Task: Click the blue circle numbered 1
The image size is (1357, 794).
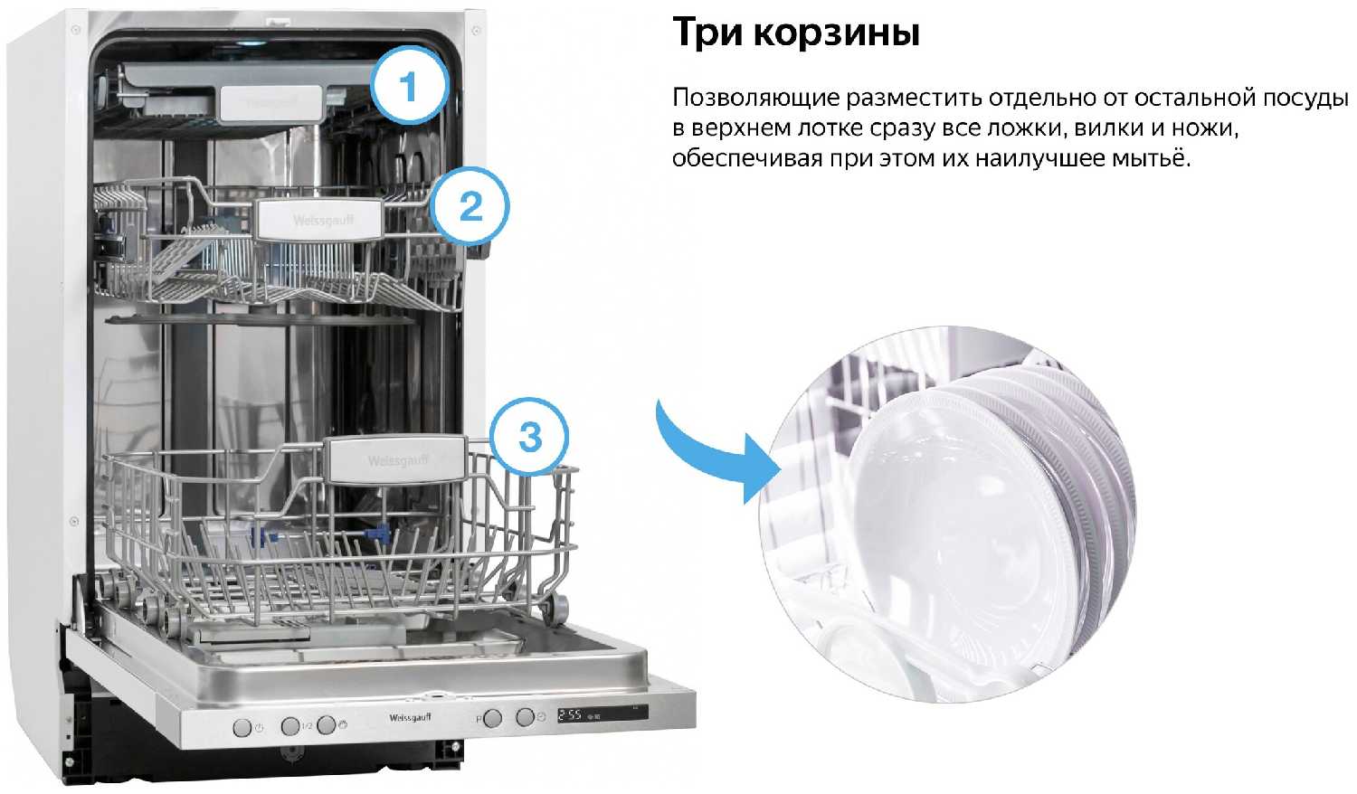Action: [x=409, y=86]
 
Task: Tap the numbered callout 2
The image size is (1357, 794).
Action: [x=470, y=206]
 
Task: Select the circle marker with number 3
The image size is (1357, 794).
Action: [x=529, y=437]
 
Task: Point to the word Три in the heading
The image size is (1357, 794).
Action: [x=707, y=32]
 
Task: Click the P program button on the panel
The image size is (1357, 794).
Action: [x=493, y=718]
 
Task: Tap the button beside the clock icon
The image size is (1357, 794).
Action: [x=526, y=717]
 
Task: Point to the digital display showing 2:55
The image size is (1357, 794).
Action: [x=603, y=714]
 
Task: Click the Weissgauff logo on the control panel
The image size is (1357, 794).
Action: [x=410, y=718]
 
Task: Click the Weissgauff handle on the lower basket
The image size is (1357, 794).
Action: [x=397, y=460]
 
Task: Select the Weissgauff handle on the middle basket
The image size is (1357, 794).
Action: [x=321, y=219]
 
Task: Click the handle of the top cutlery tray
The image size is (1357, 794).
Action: [x=270, y=103]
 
